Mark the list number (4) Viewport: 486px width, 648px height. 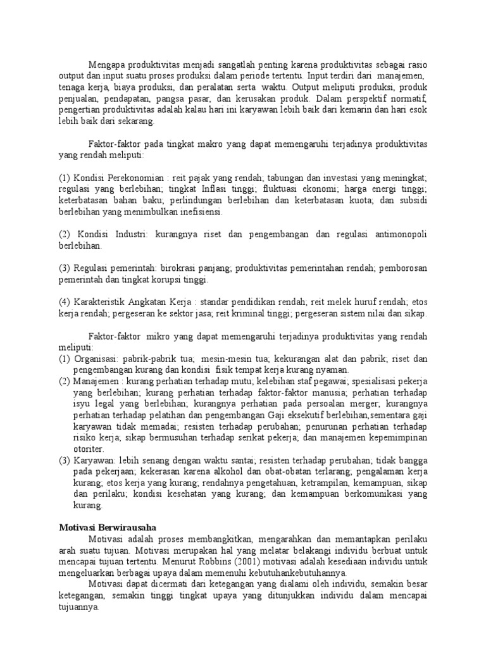click(64, 302)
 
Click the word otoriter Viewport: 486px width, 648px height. click(89, 449)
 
